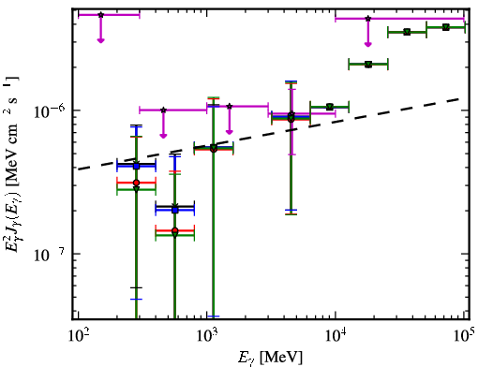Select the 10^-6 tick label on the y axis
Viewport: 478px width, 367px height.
(50, 112)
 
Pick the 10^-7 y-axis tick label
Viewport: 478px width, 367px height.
(50, 255)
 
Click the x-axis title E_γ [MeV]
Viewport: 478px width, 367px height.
(270, 357)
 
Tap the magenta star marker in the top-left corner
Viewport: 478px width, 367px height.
(100, 15)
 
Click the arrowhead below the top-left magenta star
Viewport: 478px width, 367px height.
(100, 40)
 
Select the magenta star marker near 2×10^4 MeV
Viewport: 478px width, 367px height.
(368, 19)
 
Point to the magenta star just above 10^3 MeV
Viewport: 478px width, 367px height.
(230, 107)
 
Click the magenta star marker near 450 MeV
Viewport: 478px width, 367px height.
(163, 110)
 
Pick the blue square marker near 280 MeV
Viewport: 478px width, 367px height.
(136, 166)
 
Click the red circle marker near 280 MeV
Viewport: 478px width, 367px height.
(136, 183)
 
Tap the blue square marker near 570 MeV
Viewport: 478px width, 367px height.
(175, 210)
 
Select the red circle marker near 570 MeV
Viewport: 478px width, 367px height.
(175, 230)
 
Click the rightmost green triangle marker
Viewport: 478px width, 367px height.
(446, 27)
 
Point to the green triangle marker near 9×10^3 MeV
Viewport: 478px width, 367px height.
(329, 107)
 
